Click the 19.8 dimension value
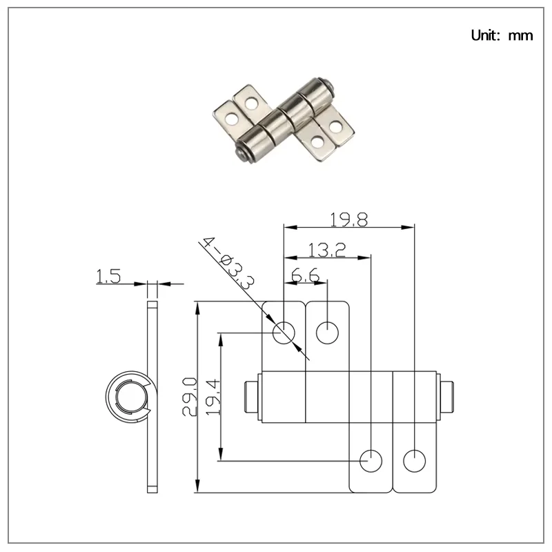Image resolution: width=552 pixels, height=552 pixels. (x=349, y=219)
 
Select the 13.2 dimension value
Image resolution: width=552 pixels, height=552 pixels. (x=327, y=250)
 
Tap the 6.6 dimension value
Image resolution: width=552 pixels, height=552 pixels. (x=305, y=275)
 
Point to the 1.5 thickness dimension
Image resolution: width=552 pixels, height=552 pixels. (x=108, y=276)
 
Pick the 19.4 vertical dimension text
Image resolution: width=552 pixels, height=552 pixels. (x=213, y=397)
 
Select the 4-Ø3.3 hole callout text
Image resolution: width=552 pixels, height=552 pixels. (x=228, y=263)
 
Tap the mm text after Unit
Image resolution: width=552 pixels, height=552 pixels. (x=521, y=36)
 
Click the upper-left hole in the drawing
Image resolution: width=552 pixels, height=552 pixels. (x=284, y=333)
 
